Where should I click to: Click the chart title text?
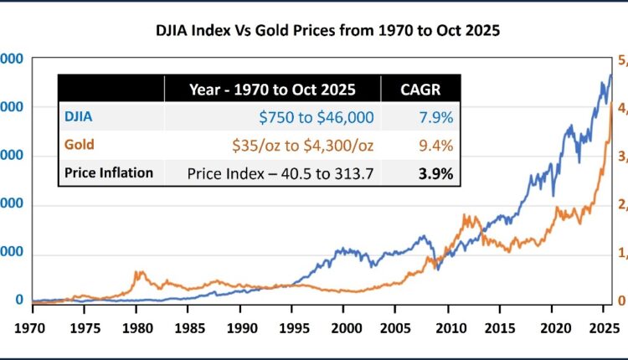327,33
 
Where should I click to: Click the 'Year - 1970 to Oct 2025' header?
272,89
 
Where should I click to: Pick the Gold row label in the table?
79,145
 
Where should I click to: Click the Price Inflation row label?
109,173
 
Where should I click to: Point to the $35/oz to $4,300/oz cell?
302,145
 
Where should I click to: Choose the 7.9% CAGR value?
436,116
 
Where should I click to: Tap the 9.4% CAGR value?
436,145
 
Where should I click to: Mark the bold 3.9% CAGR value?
436,173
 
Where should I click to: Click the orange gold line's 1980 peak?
138,272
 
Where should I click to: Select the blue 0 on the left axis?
19,301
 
